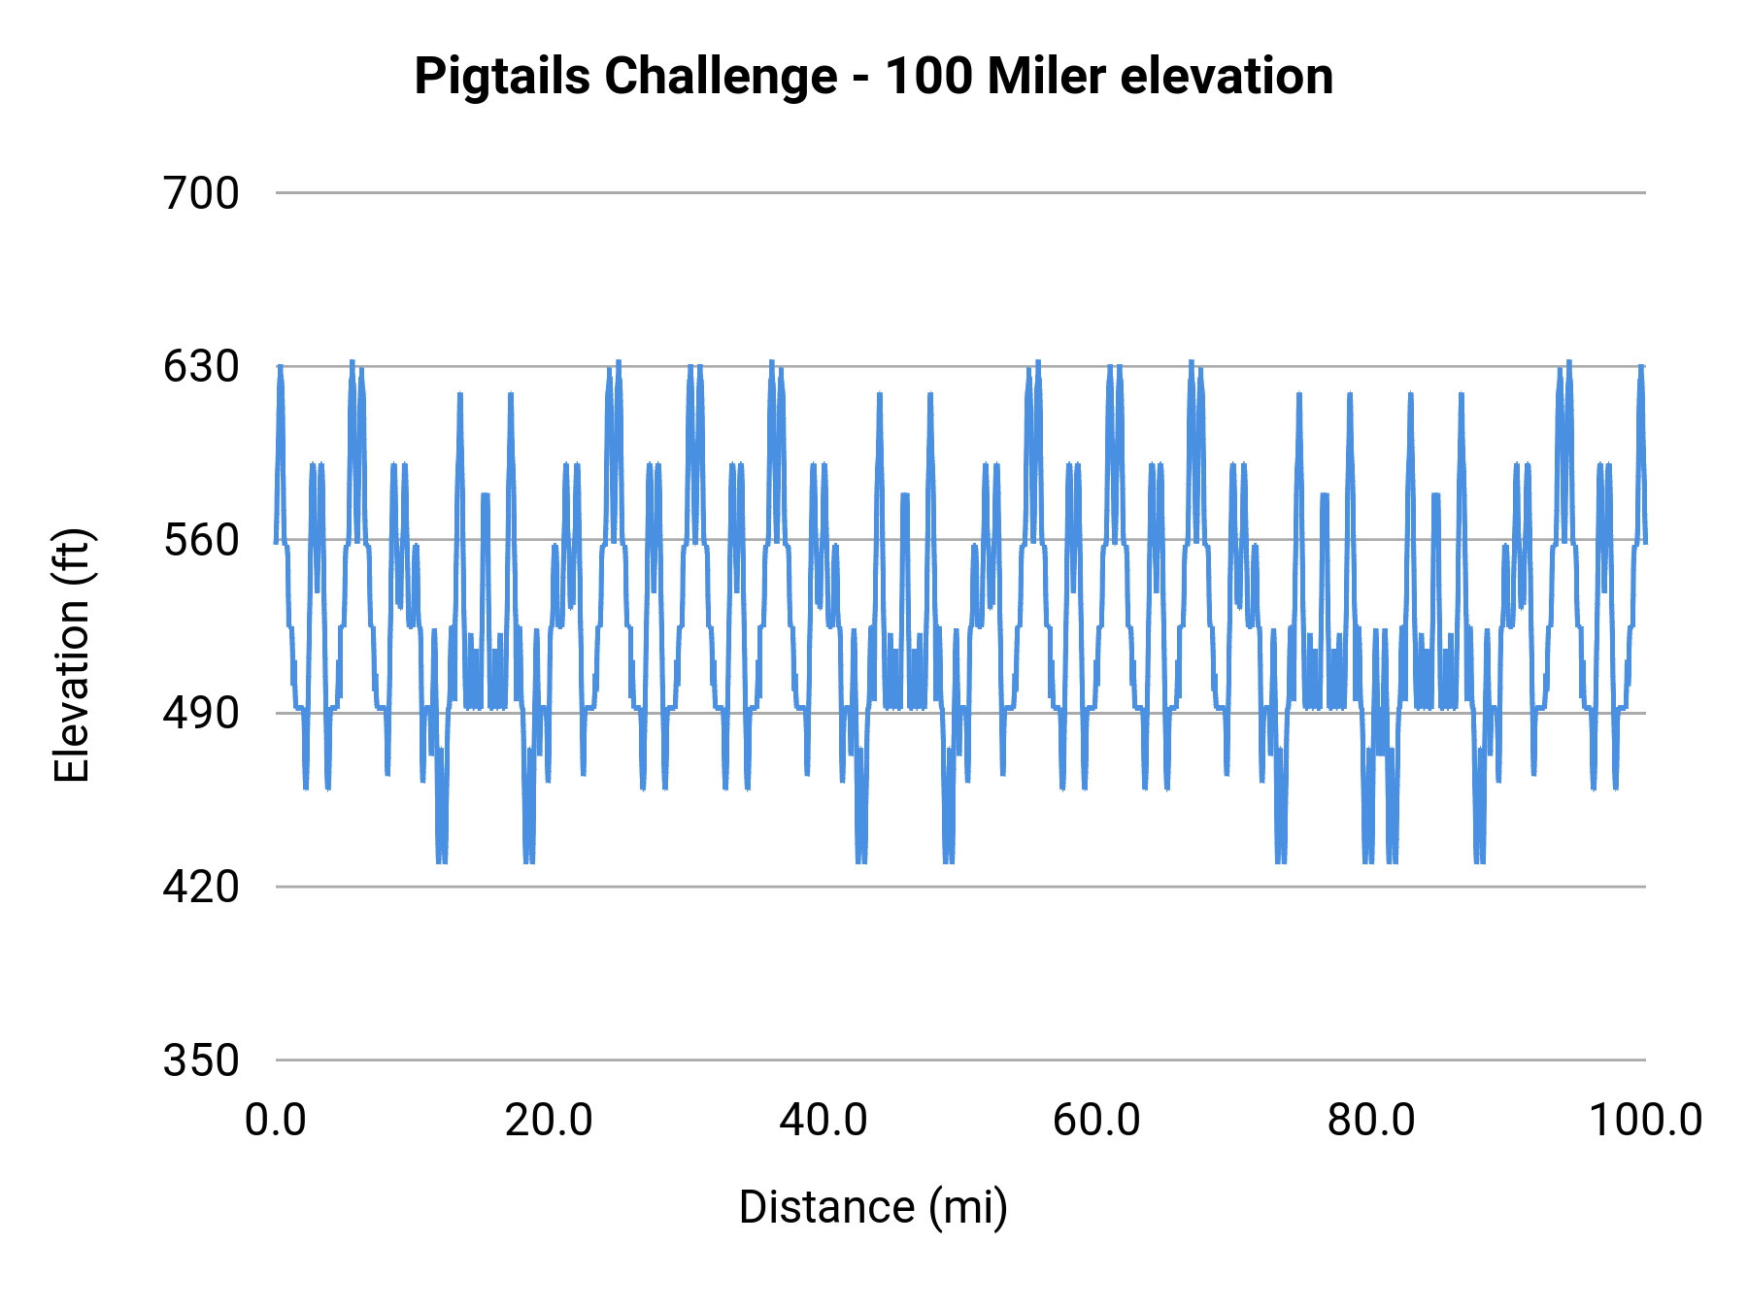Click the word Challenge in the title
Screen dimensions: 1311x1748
point(720,77)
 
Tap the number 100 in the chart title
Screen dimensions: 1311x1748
point(927,77)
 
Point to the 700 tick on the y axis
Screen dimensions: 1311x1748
point(201,193)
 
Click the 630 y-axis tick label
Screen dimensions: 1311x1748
point(201,367)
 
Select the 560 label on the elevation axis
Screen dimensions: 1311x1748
point(201,540)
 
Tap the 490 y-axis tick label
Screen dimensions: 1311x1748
point(201,714)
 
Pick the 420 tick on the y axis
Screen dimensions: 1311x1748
point(201,887)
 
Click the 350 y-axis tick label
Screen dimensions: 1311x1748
point(201,1060)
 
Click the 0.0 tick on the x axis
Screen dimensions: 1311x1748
point(276,1121)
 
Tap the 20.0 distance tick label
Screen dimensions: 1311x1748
point(549,1121)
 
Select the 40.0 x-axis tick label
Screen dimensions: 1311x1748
point(824,1121)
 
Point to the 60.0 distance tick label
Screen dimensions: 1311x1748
point(1097,1121)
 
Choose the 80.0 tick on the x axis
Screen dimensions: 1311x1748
point(1371,1121)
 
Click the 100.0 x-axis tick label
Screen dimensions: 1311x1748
point(1645,1121)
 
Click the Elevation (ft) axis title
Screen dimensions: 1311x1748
point(72,655)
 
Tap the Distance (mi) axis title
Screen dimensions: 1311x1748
point(873,1207)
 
